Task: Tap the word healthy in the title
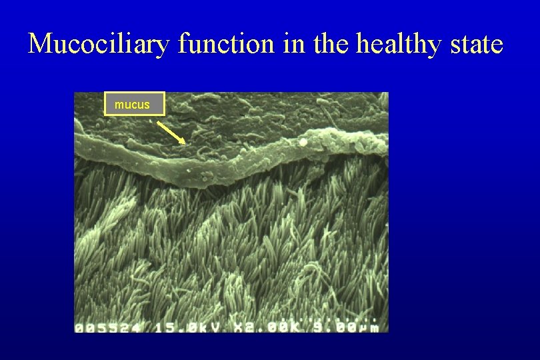pyautogui.click(x=397, y=44)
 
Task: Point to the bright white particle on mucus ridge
pyautogui.click(x=304, y=141)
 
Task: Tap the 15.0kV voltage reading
pyautogui.click(x=176, y=327)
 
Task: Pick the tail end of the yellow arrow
pyautogui.click(x=159, y=122)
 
